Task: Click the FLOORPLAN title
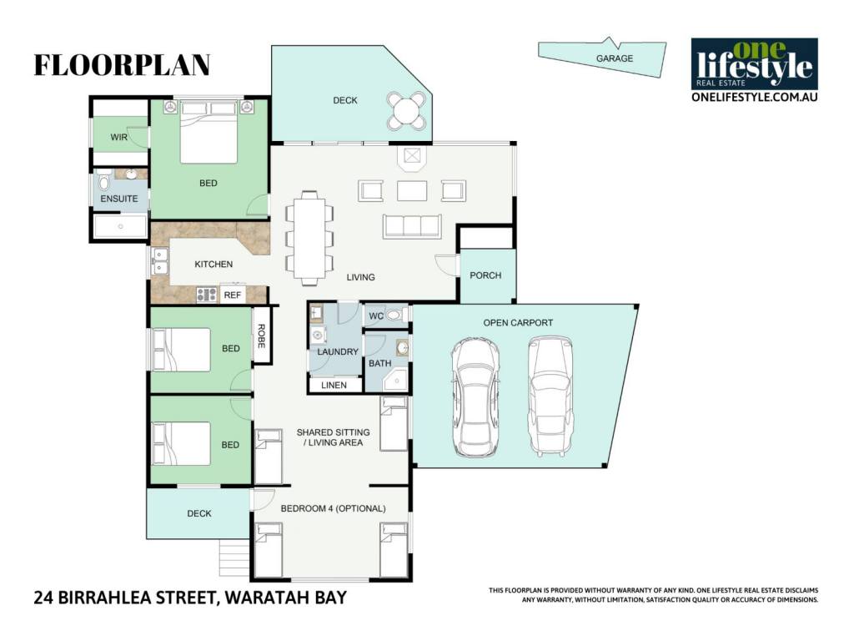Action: click(122, 65)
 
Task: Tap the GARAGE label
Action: click(615, 58)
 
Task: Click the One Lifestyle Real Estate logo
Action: click(754, 70)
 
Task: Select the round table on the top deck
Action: click(406, 111)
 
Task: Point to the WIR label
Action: click(118, 138)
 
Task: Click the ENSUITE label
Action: click(119, 199)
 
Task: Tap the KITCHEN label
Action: click(213, 264)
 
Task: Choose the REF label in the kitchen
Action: click(233, 295)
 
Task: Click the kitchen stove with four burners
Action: click(207, 295)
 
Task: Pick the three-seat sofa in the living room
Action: click(412, 226)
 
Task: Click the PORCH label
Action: click(485, 275)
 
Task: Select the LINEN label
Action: click(334, 385)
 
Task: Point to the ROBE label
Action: click(261, 336)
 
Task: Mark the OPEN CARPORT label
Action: click(518, 323)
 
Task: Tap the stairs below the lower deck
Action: click(234, 557)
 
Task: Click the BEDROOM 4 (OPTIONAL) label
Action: click(334, 508)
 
